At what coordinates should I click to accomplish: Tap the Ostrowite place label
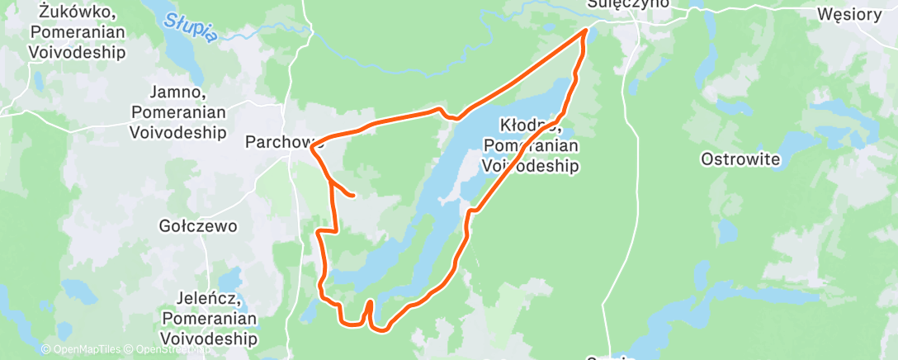pos(740,159)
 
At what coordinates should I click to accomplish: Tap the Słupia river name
pos(191,28)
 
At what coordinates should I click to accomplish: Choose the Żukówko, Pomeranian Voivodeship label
pos(76,33)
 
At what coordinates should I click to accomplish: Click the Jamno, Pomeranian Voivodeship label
pos(177,111)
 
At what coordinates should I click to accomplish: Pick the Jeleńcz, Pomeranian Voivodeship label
pos(210,318)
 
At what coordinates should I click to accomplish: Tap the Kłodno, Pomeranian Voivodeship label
pos(530,145)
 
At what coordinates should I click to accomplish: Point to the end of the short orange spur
pos(353,196)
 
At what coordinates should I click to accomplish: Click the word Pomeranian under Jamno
pos(177,111)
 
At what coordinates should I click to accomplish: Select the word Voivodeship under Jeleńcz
pos(210,338)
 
